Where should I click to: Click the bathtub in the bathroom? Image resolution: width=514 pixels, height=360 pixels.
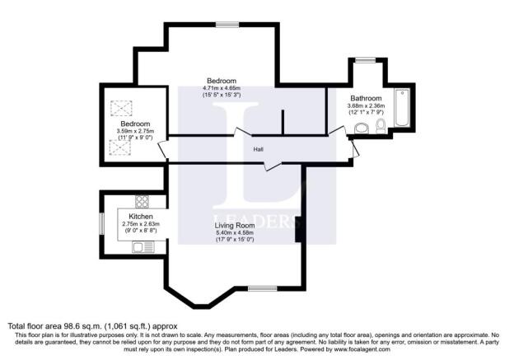(402, 107)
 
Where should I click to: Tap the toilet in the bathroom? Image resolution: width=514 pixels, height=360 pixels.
(380, 126)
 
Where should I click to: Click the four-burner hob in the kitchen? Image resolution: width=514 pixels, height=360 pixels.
(142, 201)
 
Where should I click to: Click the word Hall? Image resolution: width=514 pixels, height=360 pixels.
(259, 149)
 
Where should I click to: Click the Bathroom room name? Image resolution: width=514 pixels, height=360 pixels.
(365, 97)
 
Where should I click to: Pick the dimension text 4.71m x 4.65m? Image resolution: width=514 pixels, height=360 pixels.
(222, 88)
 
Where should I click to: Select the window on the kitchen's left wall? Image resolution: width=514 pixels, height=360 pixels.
(101, 222)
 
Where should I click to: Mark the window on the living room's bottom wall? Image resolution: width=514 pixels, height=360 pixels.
(262, 288)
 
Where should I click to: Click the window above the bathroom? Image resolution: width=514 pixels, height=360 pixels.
(363, 59)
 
